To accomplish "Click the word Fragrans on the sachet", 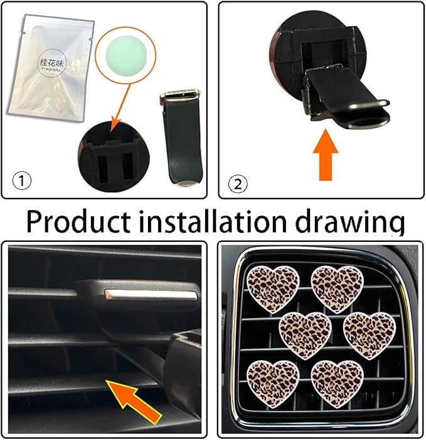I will coord(50,72).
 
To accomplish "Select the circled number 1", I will coord(22,182).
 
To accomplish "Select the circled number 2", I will coord(239,184).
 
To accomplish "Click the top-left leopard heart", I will coord(272,288).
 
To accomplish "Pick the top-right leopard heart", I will coord(337,288).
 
